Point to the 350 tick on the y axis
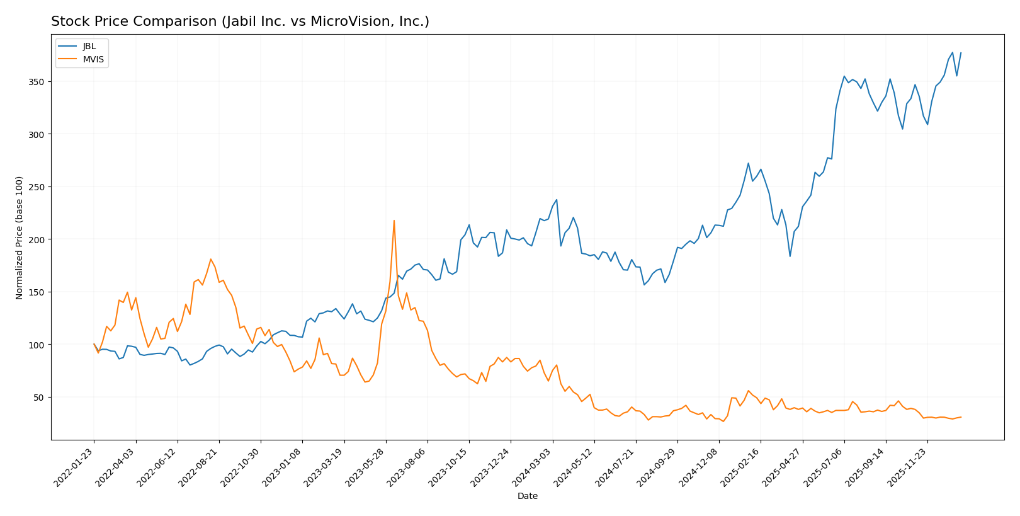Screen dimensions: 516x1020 click(37, 82)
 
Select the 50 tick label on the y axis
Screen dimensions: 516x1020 click(39, 398)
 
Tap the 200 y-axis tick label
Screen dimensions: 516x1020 click(37, 240)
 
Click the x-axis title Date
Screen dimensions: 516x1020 click(527, 496)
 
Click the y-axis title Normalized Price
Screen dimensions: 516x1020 click(20, 238)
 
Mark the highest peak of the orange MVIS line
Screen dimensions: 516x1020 click(394, 221)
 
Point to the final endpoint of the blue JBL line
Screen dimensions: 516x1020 click(961, 53)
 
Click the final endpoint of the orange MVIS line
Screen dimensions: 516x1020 click(961, 417)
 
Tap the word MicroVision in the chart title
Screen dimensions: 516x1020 click(343, 21)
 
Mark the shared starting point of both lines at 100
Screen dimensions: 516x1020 click(94, 344)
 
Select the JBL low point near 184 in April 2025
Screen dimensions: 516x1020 click(790, 256)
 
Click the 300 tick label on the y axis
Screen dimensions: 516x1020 click(37, 135)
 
